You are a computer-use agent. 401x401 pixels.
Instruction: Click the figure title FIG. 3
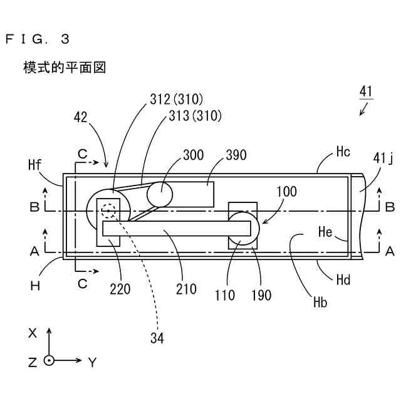(38, 39)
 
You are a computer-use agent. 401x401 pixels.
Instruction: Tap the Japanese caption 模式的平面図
(64, 67)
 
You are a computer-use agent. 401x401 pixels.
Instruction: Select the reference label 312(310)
(177, 99)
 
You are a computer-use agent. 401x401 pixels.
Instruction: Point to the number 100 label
(286, 192)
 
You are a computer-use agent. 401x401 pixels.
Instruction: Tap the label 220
(120, 289)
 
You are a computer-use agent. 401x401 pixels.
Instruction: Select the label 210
(186, 289)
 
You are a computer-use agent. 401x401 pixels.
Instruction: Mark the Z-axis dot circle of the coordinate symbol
(49, 361)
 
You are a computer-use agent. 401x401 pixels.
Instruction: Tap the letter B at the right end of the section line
(389, 206)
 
